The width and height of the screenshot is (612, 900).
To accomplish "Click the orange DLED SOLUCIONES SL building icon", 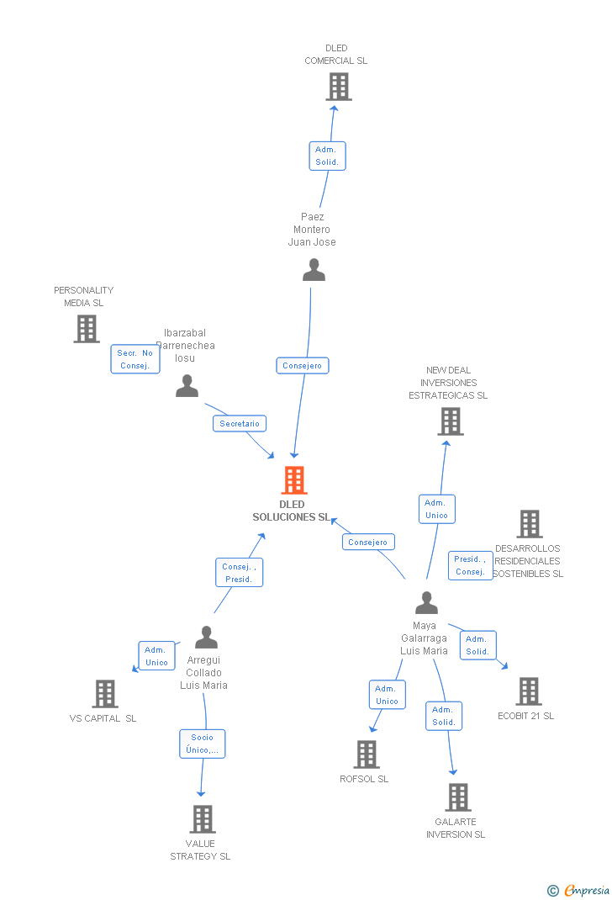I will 293,480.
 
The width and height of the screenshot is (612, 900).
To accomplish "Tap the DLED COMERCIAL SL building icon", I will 338,87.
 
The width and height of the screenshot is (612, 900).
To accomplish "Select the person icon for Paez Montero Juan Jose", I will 314,270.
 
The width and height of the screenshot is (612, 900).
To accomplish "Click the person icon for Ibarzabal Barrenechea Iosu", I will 187,386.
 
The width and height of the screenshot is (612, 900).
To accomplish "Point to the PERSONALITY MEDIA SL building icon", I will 87,329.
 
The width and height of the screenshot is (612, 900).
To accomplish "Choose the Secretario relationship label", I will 240,424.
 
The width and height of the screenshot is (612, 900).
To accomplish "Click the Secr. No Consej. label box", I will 135,359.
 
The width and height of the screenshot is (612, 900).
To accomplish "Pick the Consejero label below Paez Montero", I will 303,366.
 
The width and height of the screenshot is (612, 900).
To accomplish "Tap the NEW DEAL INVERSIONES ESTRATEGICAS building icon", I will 451,421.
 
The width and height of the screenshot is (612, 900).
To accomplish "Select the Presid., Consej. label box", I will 471,565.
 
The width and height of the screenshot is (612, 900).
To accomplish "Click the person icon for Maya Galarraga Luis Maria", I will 426,603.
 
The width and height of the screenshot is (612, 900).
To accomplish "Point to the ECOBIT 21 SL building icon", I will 528,691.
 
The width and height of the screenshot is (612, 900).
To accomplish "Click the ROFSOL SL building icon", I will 367,754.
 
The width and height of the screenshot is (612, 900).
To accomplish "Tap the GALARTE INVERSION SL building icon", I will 457,797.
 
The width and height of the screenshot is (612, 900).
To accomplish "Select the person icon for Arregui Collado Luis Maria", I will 206,638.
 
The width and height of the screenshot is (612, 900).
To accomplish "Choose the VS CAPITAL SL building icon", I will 105,694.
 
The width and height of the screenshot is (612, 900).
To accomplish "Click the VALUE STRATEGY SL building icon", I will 202,819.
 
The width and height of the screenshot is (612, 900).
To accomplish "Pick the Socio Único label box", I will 203,744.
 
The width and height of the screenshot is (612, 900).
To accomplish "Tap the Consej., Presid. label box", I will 239,573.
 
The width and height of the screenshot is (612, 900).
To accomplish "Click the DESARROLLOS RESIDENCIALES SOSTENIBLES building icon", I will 529,524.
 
